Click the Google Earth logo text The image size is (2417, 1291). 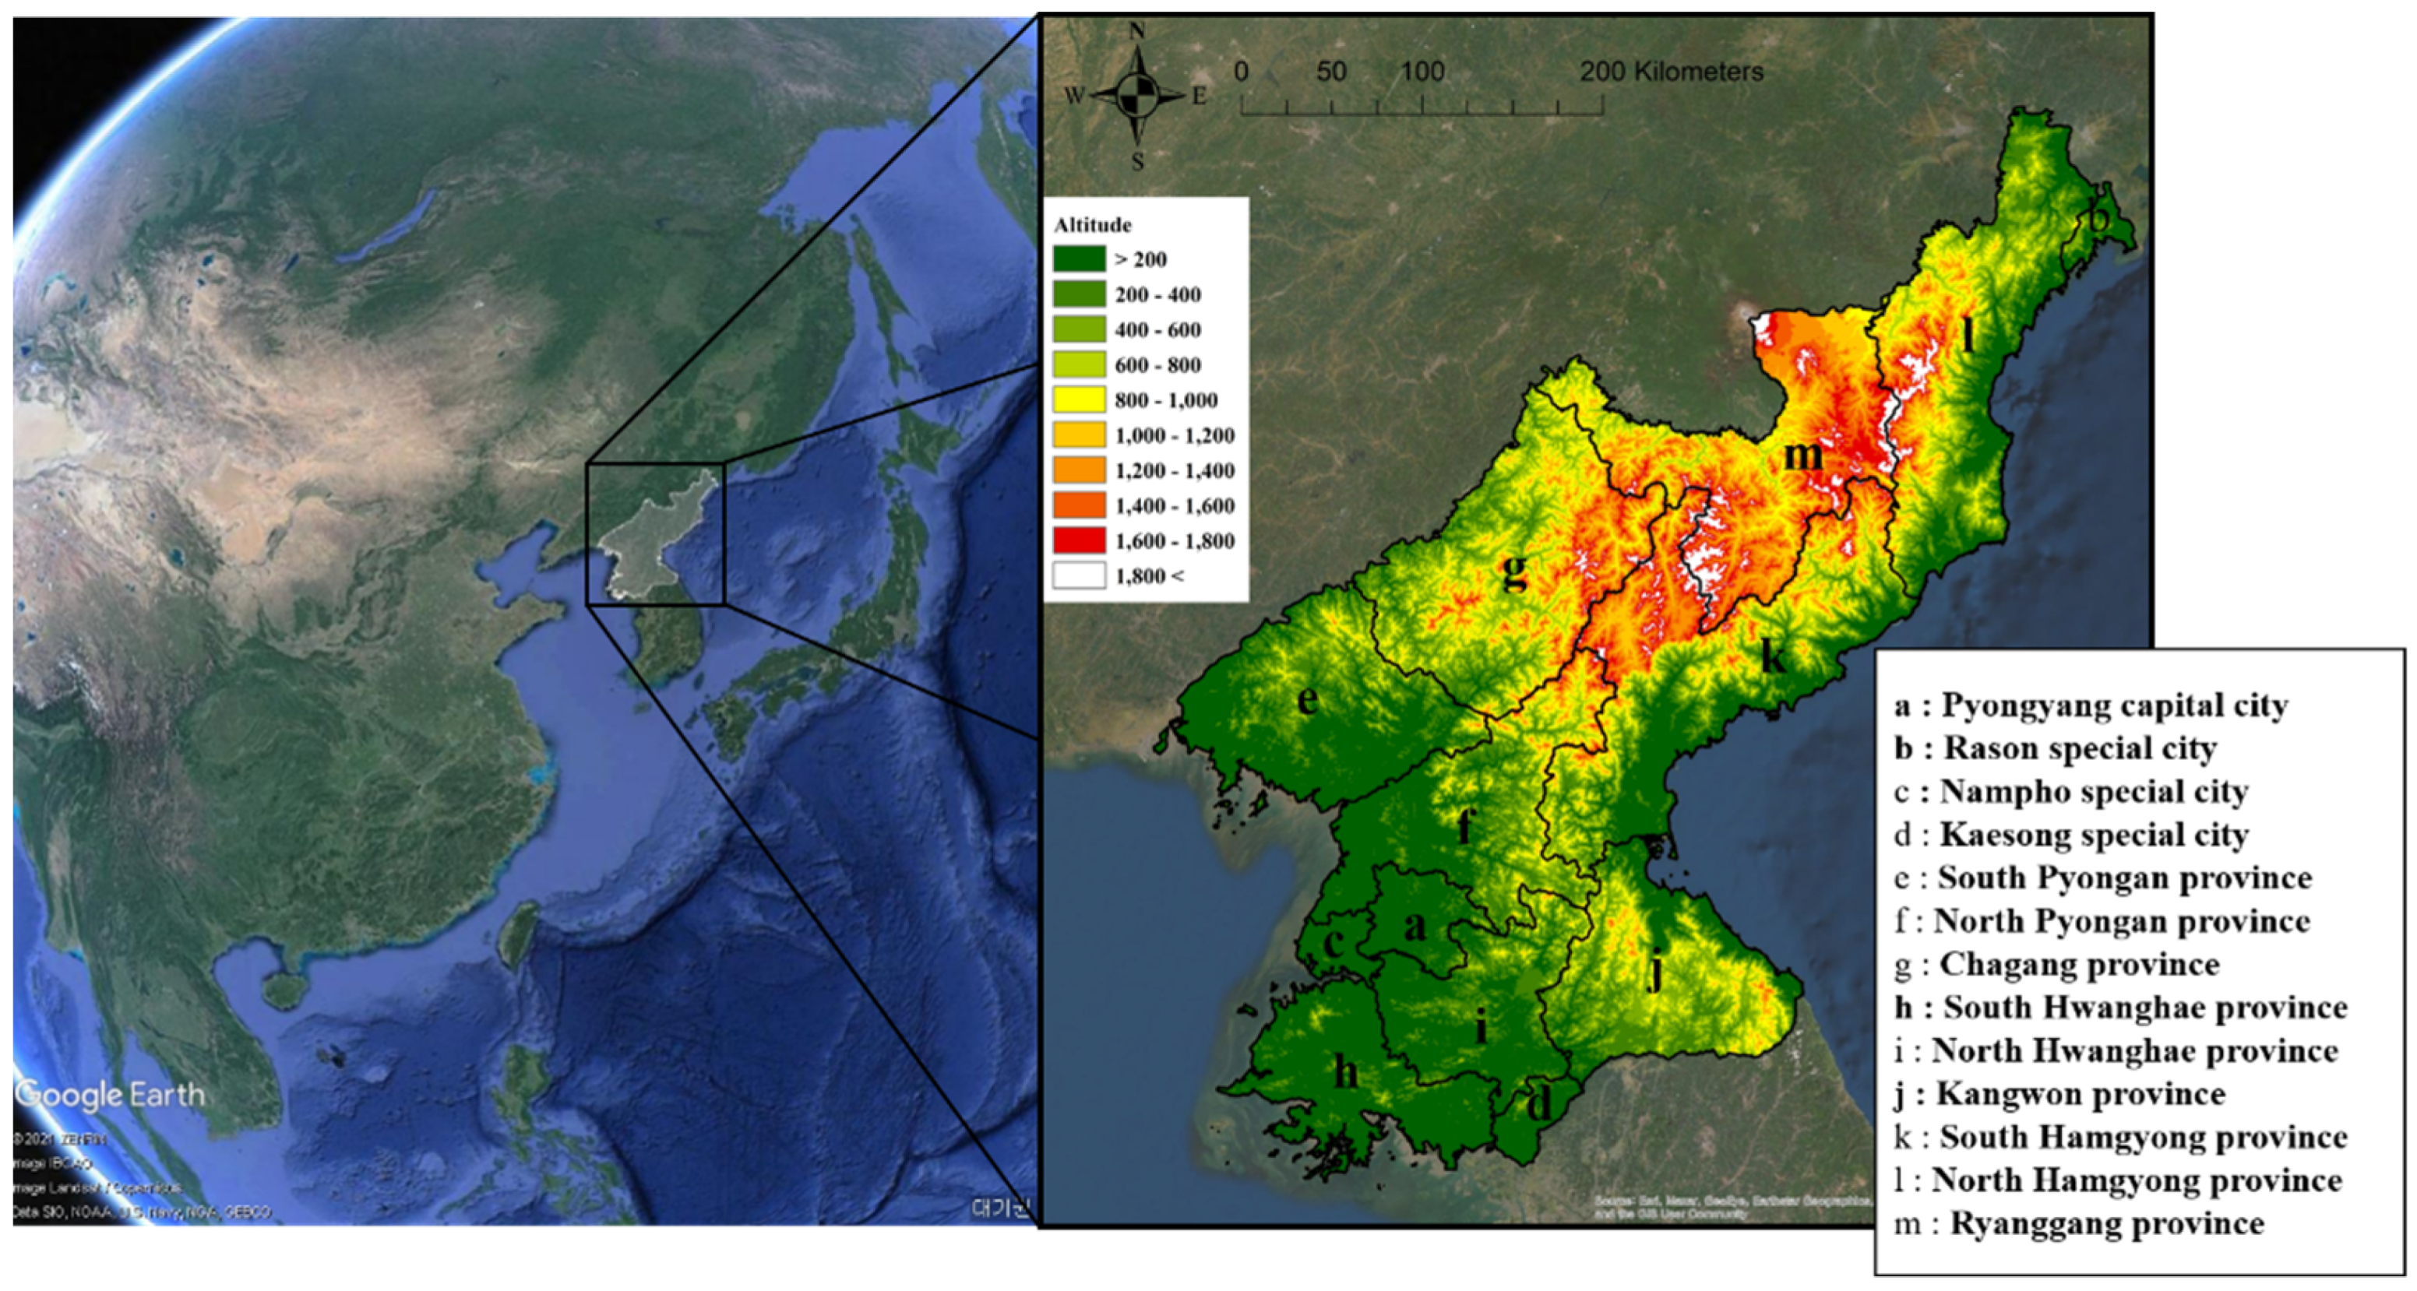pos(111,1094)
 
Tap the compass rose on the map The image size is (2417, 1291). pos(1137,96)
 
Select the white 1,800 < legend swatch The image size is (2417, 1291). pos(1078,575)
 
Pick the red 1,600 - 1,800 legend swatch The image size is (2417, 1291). pos(1078,540)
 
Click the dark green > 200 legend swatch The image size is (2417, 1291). pos(1078,259)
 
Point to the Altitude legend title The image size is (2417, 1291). pos(1092,225)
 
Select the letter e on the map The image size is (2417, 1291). pos(1307,700)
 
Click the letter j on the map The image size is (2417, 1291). pos(1657,971)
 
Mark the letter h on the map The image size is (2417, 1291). pos(1345,1071)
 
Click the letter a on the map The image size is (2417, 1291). pos(1414,927)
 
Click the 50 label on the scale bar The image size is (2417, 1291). pos(1330,72)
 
